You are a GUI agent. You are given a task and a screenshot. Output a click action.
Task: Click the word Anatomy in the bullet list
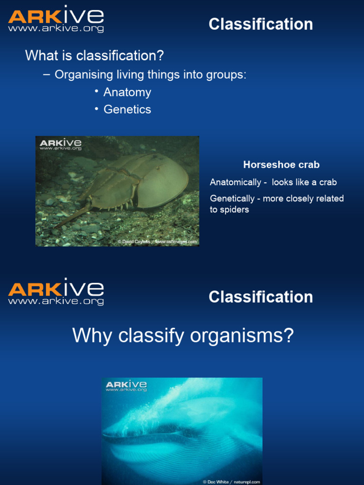point(127,92)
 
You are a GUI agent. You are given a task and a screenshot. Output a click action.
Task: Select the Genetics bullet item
point(127,109)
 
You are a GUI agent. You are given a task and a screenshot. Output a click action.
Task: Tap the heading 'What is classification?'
point(94,56)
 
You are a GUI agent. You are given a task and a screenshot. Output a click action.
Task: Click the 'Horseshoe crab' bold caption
point(281,165)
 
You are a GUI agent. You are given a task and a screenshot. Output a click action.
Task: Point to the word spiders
point(235,209)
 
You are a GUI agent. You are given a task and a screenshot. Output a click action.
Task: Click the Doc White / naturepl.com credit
point(231,482)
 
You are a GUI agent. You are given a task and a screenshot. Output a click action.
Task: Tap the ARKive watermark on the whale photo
point(126,386)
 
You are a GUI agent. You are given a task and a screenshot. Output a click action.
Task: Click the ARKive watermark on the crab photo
point(60,144)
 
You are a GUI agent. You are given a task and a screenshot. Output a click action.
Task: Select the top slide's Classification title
point(261,24)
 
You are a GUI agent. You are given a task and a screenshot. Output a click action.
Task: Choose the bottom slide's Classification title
point(261,297)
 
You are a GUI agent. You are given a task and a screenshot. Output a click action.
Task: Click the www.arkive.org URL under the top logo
point(55,29)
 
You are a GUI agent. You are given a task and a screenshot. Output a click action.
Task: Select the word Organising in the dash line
point(84,75)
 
